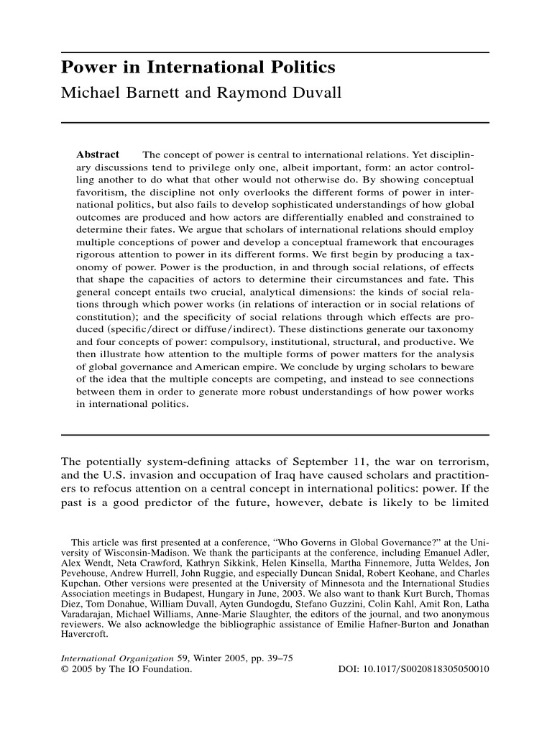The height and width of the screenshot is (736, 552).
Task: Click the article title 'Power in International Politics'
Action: pyautogui.click(x=198, y=68)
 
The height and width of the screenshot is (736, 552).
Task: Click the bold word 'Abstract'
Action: pyautogui.click(x=98, y=155)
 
